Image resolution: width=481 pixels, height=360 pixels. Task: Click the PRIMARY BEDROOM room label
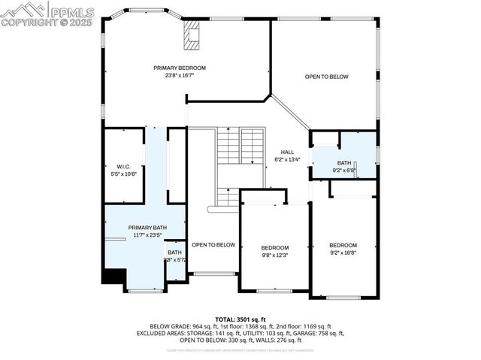click(180, 68)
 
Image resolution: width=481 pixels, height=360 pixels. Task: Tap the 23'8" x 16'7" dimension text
click(180, 75)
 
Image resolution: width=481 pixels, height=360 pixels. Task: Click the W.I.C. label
click(123, 166)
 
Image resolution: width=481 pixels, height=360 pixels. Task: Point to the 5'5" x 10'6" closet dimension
click(123, 174)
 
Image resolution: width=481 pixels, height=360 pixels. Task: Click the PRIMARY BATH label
click(147, 228)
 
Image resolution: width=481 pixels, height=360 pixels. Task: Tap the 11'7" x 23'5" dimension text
click(147, 235)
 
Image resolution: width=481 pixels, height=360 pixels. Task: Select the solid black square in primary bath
click(113, 277)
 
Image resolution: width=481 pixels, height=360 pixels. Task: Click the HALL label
click(287, 152)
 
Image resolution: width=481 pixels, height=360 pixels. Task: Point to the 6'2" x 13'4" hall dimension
click(287, 159)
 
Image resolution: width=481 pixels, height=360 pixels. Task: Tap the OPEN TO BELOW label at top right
click(326, 77)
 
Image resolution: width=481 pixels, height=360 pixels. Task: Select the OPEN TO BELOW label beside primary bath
click(213, 245)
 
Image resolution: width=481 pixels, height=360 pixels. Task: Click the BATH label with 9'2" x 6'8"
click(343, 163)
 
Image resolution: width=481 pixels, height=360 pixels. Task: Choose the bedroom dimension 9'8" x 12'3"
click(274, 256)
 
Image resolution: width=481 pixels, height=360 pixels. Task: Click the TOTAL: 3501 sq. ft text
click(240, 319)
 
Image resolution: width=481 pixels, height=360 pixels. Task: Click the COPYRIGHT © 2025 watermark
click(47, 23)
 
